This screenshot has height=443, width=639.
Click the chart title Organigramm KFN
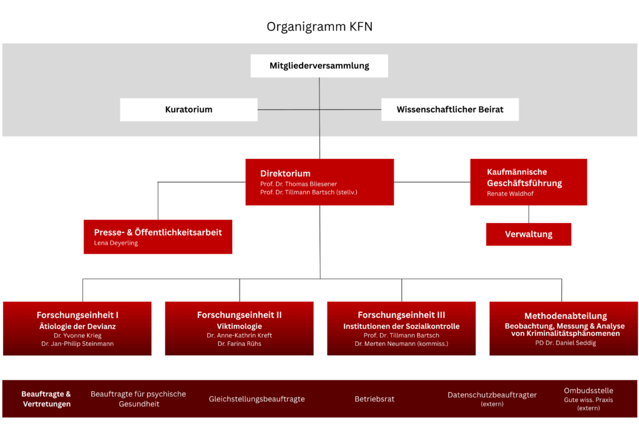pos(319,27)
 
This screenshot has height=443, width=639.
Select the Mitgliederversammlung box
pos(319,65)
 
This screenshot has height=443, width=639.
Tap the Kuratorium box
pos(188,110)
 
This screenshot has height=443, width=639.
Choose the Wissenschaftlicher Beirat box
pos(449,110)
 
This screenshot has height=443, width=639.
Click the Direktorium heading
pos(285,173)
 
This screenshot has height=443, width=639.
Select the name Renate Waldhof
pos(510,194)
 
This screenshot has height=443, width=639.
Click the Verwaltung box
pos(528,234)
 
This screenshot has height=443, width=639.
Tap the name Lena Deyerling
pos(116,243)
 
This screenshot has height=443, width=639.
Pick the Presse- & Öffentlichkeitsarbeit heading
pos(158,232)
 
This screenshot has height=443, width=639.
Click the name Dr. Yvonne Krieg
pos(77,336)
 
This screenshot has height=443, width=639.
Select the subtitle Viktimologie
pos(239,326)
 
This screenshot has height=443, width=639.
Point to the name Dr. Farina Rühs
pos(239,344)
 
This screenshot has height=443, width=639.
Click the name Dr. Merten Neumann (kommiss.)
pos(401,344)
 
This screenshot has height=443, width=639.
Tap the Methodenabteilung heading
pos(565,316)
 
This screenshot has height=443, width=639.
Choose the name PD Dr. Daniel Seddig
pos(565,343)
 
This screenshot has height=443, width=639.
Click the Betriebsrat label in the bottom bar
pos(374,399)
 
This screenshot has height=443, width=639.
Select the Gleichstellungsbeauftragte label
pos(256,399)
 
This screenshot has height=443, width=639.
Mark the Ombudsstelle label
pos(588,391)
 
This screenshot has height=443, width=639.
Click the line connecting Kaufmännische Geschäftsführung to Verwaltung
pos(529,214)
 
